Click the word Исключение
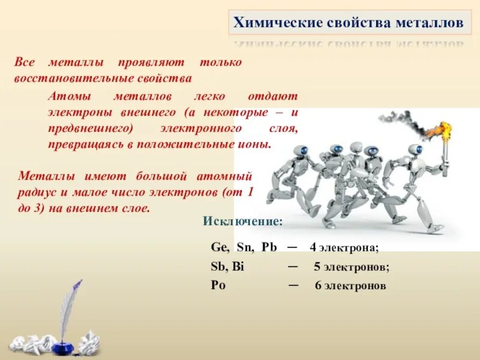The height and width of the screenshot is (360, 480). coord(242,221)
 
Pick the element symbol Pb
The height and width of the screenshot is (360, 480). coord(269,247)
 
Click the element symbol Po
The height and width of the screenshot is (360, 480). coord(218,285)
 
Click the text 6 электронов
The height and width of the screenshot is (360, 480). coord(350,286)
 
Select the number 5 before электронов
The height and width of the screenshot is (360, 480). coord(317,267)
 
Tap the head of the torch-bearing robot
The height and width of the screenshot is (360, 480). coord(415,150)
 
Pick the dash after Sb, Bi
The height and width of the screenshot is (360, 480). coord(293,266)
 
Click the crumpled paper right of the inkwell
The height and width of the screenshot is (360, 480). coord(89,343)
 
